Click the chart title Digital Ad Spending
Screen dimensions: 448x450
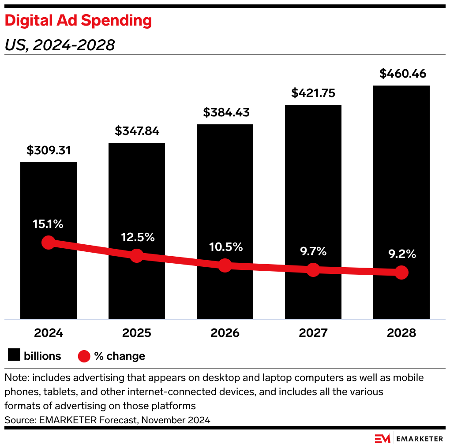(78, 20)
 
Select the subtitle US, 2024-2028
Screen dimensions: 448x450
(60, 45)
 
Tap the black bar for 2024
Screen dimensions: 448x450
(49, 198)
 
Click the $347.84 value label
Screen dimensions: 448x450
(137, 131)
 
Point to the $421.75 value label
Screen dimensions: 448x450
(313, 93)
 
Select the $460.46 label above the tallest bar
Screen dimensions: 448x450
(403, 74)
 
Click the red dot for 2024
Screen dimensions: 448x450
(49, 242)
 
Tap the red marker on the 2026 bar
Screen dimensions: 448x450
(225, 265)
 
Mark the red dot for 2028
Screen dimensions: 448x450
(401, 273)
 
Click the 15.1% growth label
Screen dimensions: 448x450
(48, 224)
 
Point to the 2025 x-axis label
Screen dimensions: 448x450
(137, 333)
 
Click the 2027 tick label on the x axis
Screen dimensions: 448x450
(313, 333)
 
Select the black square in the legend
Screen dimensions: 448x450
(14, 355)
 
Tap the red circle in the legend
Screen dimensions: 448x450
(84, 356)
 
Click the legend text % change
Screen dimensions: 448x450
(120, 356)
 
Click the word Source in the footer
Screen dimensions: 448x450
(18, 420)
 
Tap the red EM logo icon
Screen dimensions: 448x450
(382, 439)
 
